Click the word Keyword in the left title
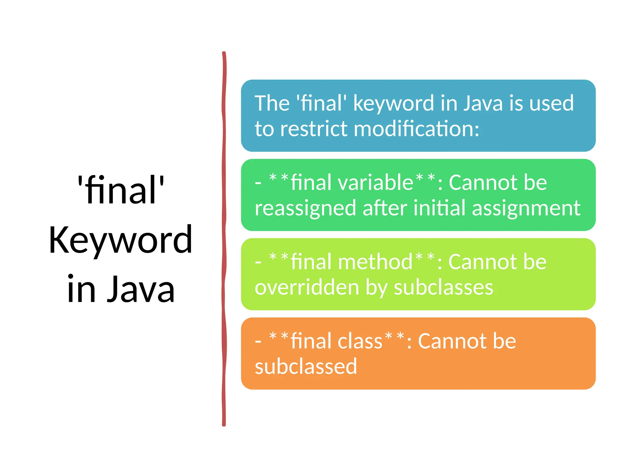pyautogui.click(x=121, y=240)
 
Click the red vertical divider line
pyautogui.click(x=224, y=240)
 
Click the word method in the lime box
pyautogui.click(x=375, y=262)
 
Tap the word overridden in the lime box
pyautogui.click(x=307, y=288)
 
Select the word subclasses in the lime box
pyautogui.click(x=444, y=288)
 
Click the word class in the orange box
pyautogui.click(x=360, y=341)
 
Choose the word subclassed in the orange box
pyautogui.click(x=306, y=366)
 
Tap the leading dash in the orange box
pyautogui.click(x=258, y=342)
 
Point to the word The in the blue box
pyautogui.click(x=272, y=103)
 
